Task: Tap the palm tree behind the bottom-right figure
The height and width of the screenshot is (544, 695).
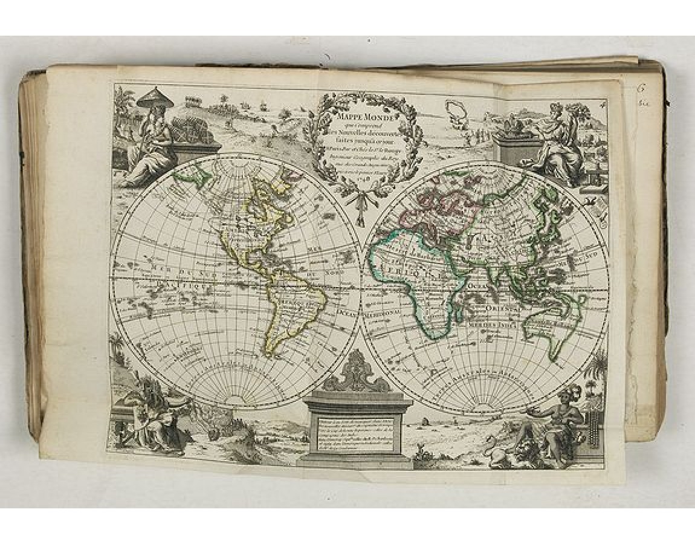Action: [x=598, y=369]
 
